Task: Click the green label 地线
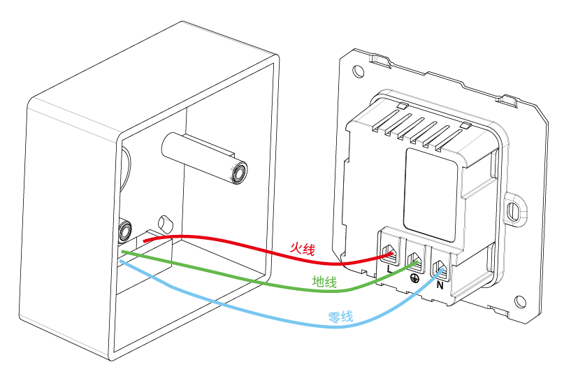[x=324, y=282]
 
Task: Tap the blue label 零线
[x=340, y=317]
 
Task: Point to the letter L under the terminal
[x=389, y=266]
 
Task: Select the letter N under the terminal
[x=440, y=285]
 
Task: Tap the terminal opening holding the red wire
[x=389, y=252]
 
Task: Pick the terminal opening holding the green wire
[x=415, y=261]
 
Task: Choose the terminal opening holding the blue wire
[x=440, y=268]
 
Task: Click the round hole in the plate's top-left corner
[x=359, y=71]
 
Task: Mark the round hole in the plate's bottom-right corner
[x=521, y=301]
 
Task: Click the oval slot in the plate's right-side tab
[x=516, y=208]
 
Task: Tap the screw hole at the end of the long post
[x=239, y=172]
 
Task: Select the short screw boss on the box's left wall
[x=126, y=229]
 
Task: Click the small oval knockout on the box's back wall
[x=166, y=223]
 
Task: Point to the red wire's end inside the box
[x=145, y=242]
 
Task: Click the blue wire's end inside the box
[x=122, y=261]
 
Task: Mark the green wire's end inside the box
[x=124, y=252]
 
